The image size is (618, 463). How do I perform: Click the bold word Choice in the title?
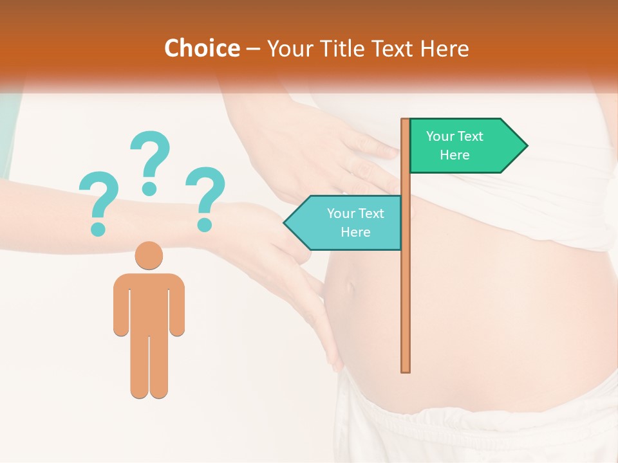point(201,48)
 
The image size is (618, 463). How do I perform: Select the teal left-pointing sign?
point(348,222)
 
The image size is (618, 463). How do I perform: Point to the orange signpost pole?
point(406,289)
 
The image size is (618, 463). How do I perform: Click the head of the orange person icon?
point(149,255)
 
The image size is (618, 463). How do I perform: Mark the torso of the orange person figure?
point(149,302)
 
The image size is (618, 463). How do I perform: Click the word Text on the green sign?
point(471,136)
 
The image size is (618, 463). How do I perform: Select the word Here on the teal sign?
point(355,232)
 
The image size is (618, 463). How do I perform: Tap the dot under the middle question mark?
point(149,188)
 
